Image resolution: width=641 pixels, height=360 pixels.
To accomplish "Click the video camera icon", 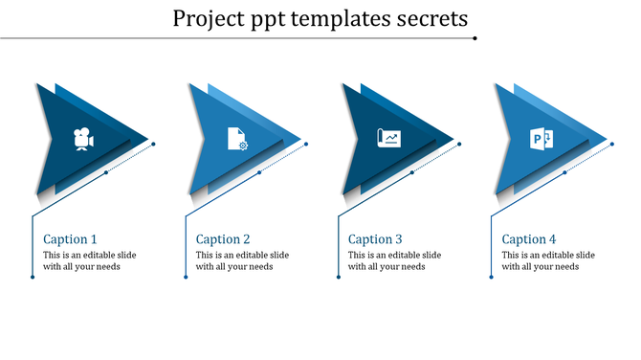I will click(84, 139).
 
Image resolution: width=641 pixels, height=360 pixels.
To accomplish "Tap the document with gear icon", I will click(236, 139).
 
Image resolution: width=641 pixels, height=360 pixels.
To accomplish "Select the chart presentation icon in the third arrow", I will click(388, 139).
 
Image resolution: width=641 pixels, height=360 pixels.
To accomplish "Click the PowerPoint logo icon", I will click(542, 139).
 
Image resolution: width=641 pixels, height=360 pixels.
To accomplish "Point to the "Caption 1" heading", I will click(71, 239).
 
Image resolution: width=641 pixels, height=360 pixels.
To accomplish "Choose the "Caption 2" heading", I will click(223, 239).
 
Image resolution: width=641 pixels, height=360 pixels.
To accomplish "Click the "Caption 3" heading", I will click(375, 239).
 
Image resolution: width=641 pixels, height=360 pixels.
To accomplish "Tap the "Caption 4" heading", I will click(529, 239).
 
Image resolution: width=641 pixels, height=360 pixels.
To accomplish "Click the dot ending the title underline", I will click(475, 38).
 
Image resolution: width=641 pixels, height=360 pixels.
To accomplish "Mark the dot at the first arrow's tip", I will click(154, 145).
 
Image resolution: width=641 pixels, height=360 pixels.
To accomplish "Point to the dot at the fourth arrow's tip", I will click(612, 145).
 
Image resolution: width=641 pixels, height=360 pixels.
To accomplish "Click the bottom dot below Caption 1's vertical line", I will click(33, 278).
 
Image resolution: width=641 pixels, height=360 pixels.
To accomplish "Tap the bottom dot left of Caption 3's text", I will click(338, 278).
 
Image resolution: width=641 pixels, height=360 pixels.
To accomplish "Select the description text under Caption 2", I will click(242, 260).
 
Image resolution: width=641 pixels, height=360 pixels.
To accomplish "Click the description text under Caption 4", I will click(548, 260).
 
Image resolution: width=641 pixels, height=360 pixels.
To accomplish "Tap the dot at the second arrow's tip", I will click(306, 145).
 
